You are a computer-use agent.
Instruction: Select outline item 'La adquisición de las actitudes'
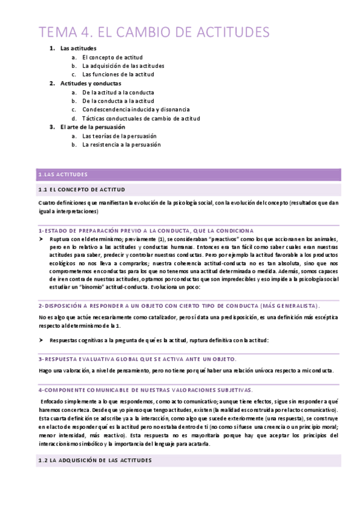pos(123,66)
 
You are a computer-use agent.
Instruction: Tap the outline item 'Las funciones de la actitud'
pos(118,75)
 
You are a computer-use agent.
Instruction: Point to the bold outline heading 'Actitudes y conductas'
pos(91,83)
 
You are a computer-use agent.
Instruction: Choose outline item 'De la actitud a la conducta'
pos(118,92)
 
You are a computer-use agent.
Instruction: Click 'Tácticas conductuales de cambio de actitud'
pos(141,118)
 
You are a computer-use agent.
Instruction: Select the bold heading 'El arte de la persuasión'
pos(93,127)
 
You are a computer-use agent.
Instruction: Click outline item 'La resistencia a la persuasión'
pos(121,145)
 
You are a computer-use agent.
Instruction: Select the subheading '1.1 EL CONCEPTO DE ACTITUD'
pos(81,189)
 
